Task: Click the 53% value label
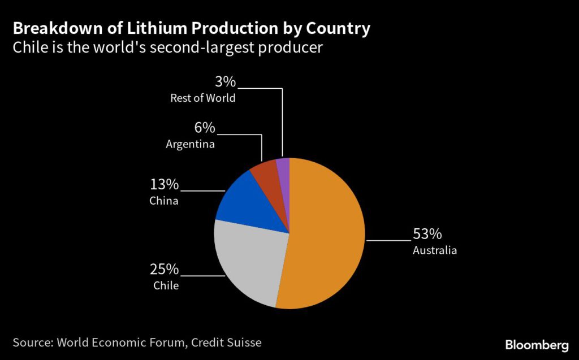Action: click(427, 234)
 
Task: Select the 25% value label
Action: click(164, 269)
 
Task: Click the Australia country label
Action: click(434, 250)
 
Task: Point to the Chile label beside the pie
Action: click(166, 285)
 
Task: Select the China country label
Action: click(164, 201)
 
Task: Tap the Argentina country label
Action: click(190, 144)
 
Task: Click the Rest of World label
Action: click(203, 98)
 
